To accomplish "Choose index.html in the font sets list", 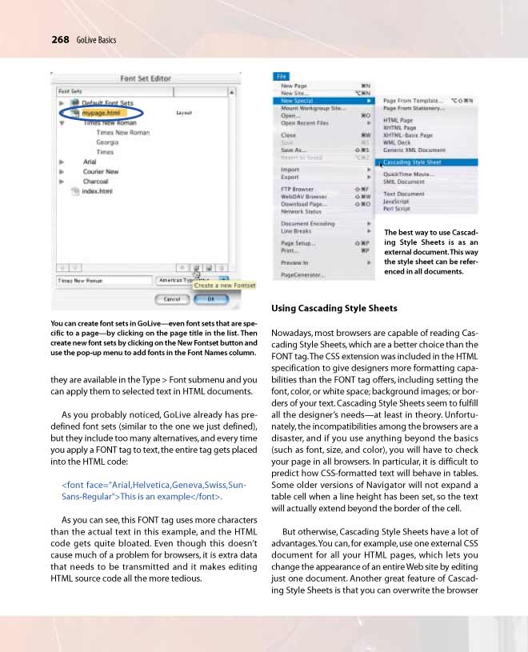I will tap(98, 191).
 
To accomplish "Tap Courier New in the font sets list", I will tap(101, 171).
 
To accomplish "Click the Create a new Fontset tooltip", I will tap(225, 286).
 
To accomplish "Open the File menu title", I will tap(282, 76).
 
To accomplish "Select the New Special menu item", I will tap(297, 101).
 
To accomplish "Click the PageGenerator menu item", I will tap(303, 274).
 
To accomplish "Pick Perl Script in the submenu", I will tap(397, 209).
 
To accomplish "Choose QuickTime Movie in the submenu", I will tap(409, 174).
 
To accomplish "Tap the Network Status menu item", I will tap(302, 211).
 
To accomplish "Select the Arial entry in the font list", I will tap(90, 162).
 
